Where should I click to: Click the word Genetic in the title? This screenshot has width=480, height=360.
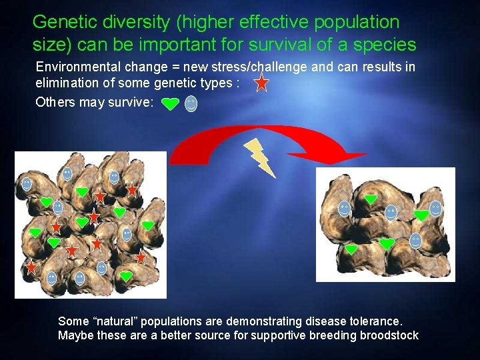tap(61, 22)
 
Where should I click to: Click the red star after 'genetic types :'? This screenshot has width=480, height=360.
tap(262, 83)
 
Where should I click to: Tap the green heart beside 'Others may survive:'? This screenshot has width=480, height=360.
tap(171, 103)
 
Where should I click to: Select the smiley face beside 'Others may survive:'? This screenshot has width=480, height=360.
tap(191, 103)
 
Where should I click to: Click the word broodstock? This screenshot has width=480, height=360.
tap(389, 335)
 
